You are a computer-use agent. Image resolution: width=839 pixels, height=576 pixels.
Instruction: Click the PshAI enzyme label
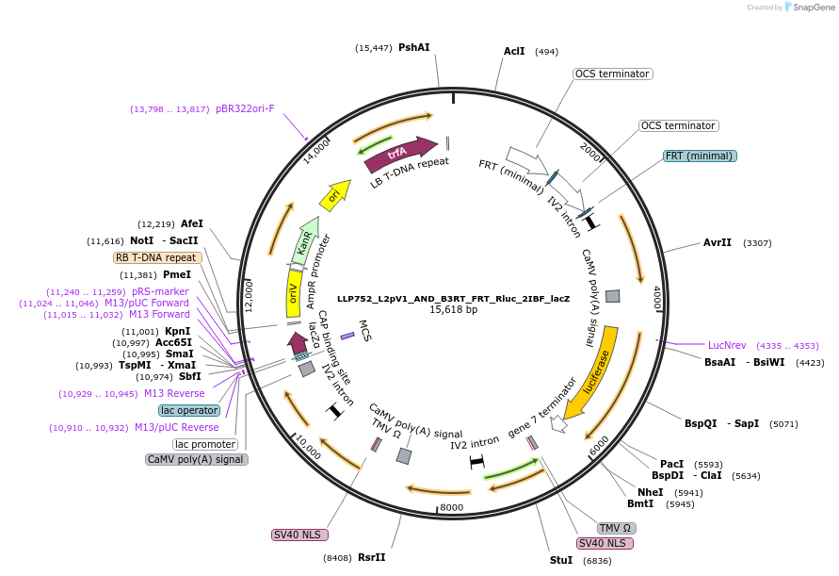coord(414,47)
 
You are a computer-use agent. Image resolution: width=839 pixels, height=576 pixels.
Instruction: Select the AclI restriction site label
coord(514,52)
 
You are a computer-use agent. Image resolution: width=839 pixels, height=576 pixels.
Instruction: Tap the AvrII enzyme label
coord(718,242)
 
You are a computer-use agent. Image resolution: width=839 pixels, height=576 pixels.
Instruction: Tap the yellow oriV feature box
coord(293,299)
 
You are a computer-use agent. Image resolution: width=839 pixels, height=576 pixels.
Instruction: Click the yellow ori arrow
coord(333,196)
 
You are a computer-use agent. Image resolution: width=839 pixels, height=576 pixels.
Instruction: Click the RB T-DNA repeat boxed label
coord(156,257)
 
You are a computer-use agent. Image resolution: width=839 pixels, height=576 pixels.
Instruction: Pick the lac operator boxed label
coord(189,410)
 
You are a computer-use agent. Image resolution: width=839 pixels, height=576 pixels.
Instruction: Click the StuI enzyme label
coord(560,560)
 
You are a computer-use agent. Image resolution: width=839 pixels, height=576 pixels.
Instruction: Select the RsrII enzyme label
coord(371,557)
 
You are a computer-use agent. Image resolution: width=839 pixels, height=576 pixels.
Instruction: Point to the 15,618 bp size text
coord(453,309)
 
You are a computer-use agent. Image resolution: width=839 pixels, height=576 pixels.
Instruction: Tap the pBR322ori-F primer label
coord(245,108)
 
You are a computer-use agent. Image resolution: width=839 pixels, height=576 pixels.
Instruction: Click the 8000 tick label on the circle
coord(452,507)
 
